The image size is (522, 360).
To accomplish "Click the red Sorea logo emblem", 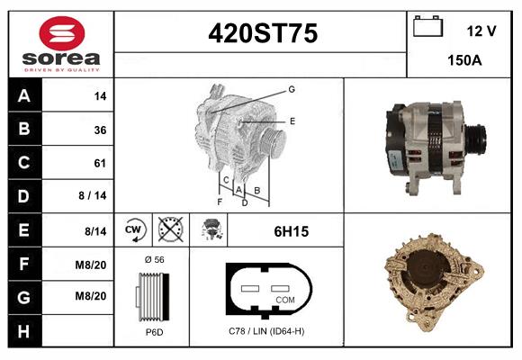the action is [x=62, y=33].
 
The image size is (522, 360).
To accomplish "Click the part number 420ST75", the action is [x=263, y=33].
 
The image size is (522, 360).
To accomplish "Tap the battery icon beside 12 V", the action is [x=427, y=26].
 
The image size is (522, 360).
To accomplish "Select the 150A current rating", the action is [x=464, y=60].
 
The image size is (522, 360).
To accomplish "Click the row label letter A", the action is [x=24, y=96].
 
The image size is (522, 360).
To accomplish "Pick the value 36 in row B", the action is [x=100, y=130].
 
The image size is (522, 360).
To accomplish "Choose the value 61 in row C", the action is [x=100, y=163].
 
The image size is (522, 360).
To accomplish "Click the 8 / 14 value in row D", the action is [x=93, y=195].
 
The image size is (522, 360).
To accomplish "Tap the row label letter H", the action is [x=23, y=331].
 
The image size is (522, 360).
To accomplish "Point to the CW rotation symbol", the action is [x=133, y=229].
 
